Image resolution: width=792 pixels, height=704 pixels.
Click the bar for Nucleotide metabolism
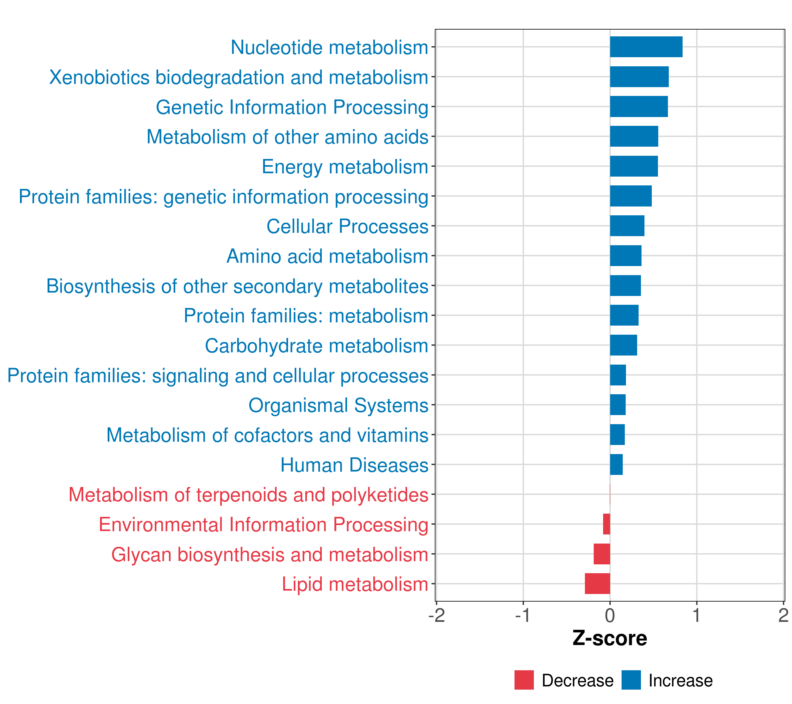click(x=646, y=47)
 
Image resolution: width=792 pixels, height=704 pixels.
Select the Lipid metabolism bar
click(x=598, y=583)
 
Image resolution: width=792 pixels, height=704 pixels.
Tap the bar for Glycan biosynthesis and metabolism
click(x=602, y=554)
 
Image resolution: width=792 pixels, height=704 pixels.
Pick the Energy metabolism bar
click(x=634, y=166)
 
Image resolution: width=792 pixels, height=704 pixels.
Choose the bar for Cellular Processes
click(x=627, y=226)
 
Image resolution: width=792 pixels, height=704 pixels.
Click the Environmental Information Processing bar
click(x=606, y=524)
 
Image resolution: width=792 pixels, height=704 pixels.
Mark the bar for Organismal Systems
click(x=618, y=405)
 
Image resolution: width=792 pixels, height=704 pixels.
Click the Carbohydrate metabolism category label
click(x=316, y=346)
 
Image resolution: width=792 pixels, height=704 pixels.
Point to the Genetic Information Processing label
click(x=292, y=107)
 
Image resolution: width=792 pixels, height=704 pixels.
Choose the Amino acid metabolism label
click(x=327, y=256)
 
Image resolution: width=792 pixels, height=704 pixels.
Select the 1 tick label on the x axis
click(x=696, y=616)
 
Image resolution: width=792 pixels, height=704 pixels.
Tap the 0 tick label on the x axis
click(x=610, y=616)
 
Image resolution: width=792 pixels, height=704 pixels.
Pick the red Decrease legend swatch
click(x=524, y=680)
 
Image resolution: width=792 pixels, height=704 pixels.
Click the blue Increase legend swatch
click(x=631, y=680)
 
